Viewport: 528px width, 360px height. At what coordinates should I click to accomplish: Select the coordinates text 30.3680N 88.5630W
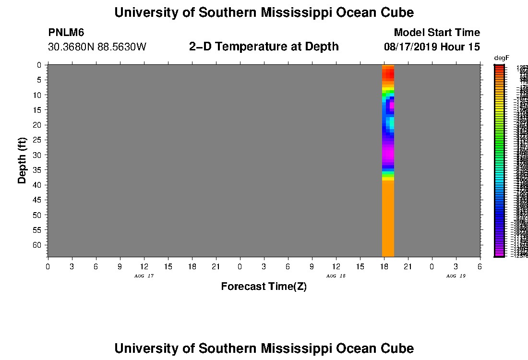pos(97,47)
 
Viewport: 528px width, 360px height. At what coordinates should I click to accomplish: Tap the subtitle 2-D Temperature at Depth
pos(264,47)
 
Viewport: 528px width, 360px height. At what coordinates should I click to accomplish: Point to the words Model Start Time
pos(436,33)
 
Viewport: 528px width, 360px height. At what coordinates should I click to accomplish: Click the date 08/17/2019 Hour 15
pos(432,47)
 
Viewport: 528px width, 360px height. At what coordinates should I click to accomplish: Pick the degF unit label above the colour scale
pos(501,58)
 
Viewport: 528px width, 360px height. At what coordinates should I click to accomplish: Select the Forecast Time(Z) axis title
pos(264,287)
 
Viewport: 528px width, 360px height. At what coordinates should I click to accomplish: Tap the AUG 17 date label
pos(144,276)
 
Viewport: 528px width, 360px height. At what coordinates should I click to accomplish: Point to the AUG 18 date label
pos(336,276)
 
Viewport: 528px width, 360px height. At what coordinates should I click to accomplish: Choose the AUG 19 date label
pos(456,276)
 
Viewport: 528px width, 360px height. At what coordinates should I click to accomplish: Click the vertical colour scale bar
pos(499,161)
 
